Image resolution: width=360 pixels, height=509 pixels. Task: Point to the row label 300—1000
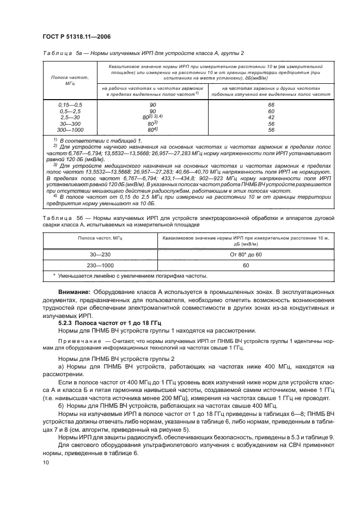pyautogui.click(x=70, y=130)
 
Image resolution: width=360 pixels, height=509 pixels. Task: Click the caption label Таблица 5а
pyautogui.click(x=60, y=53)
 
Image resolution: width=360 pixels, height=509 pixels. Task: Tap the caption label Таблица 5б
pyautogui.click(x=60, y=217)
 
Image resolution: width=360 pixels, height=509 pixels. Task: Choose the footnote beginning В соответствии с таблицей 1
pyautogui.click(x=90, y=141)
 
